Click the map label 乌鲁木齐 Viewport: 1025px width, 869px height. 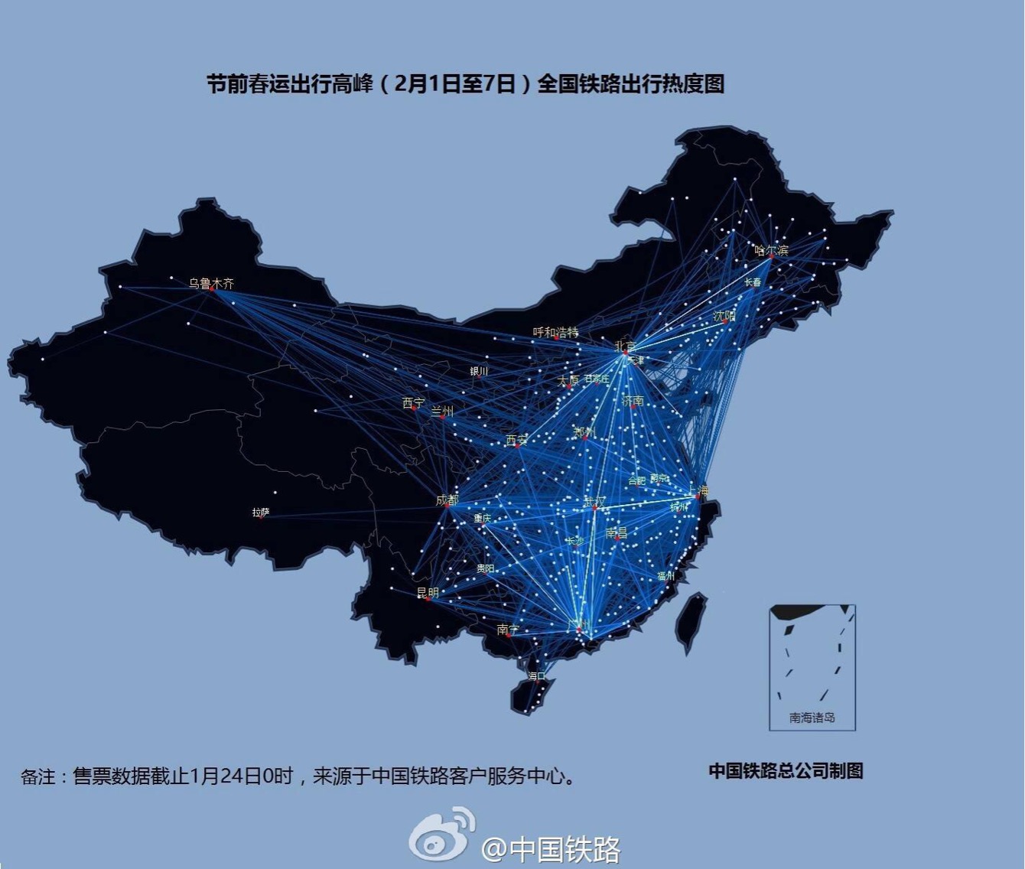pyautogui.click(x=212, y=283)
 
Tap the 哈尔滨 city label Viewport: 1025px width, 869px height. pyautogui.click(x=771, y=249)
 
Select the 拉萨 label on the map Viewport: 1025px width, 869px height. pyautogui.click(x=261, y=513)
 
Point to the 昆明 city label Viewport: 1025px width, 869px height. pyautogui.click(x=428, y=592)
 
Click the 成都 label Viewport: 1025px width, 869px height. pyautogui.click(x=447, y=500)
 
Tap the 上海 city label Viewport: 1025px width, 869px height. pyautogui.click(x=698, y=490)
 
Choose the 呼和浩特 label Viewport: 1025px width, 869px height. pyautogui.click(x=556, y=332)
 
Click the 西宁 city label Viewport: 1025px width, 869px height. pyautogui.click(x=414, y=402)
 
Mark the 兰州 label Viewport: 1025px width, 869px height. pyautogui.click(x=442, y=412)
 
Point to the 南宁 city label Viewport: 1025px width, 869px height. pyautogui.click(x=507, y=629)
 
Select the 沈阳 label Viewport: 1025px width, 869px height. pyautogui.click(x=724, y=315)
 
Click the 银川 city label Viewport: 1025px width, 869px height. pyautogui.click(x=479, y=371)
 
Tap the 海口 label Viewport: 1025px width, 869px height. pyautogui.click(x=536, y=675)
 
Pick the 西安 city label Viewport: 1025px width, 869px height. pyautogui.click(x=516, y=440)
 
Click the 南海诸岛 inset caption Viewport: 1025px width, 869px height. pyautogui.click(x=812, y=718)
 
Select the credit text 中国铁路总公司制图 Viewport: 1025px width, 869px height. pyautogui.click(x=786, y=771)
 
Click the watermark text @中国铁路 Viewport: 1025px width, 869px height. pyautogui.click(x=551, y=848)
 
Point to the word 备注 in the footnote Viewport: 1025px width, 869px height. pyautogui.click(x=38, y=777)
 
